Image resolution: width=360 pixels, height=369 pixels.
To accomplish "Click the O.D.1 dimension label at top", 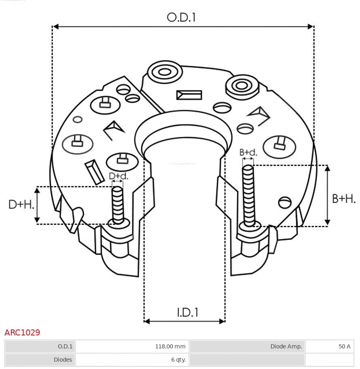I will pos(181,17).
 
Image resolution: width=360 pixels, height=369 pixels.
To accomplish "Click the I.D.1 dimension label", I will pos(187,312).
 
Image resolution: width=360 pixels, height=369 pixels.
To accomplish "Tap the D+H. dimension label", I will pos(21,205).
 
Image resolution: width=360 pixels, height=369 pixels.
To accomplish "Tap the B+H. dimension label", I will pos(344,198).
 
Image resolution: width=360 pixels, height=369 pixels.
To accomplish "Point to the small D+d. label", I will pos(119,176).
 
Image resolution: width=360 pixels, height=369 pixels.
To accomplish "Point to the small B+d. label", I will pos(248,152).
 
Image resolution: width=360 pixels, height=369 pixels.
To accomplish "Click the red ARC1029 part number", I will pos(22,333).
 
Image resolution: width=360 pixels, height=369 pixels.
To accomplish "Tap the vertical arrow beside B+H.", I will pos(328,195).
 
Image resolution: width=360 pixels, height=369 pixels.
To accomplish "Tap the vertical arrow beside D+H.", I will pos(37,205).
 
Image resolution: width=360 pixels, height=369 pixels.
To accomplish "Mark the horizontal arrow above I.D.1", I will pos(184,321).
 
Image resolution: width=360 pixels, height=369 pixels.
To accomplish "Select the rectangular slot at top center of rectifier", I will pos(189,95).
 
